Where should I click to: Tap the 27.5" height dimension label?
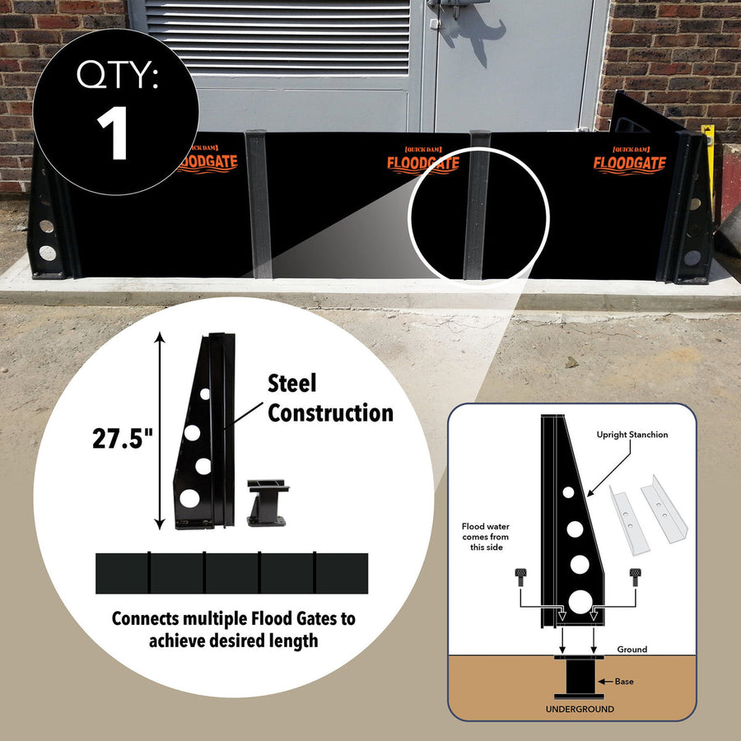[x=123, y=438]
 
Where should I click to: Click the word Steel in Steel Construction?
[x=291, y=384]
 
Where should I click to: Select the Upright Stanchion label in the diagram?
[x=633, y=434]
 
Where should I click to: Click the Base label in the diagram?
[x=625, y=682]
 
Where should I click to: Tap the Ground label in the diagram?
[x=631, y=650]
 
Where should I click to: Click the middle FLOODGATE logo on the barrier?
[x=422, y=161]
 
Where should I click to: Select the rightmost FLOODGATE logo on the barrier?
[x=629, y=161]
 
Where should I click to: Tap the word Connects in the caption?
[x=146, y=618]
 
